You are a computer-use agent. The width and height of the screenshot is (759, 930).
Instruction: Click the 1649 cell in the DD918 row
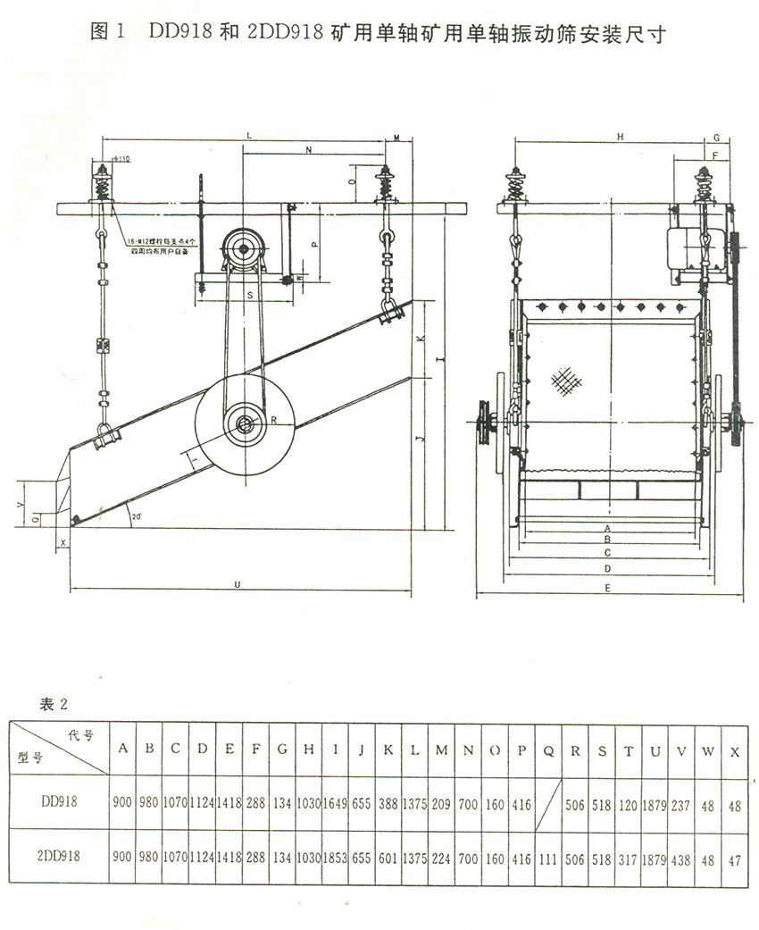point(335,804)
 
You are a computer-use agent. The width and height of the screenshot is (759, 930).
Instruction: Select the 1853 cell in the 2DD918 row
point(335,856)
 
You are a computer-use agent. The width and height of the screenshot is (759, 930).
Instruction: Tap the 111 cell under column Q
point(548,856)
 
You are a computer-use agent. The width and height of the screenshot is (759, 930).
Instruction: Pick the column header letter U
point(655,750)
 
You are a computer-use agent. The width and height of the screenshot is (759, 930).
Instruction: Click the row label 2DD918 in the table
point(59,856)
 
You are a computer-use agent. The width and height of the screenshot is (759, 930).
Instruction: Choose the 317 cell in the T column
point(629,856)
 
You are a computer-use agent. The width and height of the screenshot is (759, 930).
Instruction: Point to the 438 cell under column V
point(681,856)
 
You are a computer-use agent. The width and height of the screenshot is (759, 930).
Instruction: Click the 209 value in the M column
point(441,804)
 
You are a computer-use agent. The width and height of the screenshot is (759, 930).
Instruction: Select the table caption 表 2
point(54,703)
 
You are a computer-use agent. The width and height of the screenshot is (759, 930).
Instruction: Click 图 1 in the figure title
point(106,34)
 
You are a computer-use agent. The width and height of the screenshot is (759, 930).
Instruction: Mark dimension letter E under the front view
point(607,588)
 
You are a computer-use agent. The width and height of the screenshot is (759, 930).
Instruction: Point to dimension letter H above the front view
point(619,137)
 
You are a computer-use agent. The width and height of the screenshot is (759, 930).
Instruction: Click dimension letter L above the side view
point(249,135)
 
